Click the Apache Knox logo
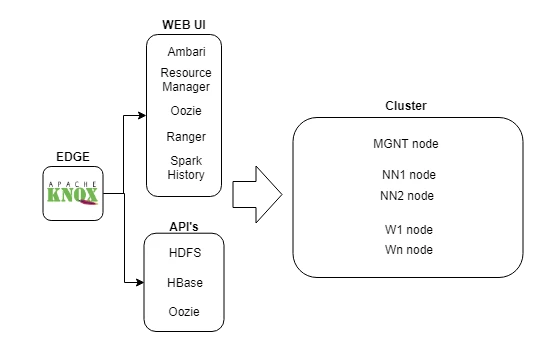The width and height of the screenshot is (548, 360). coord(73,193)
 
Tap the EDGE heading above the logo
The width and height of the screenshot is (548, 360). coord(73,157)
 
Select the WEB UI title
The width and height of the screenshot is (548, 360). coord(184,25)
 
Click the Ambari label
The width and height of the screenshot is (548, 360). coord(186,52)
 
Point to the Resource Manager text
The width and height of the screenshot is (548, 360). coord(186,80)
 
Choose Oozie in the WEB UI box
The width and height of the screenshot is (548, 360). coord(186,111)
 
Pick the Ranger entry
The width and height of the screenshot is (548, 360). coord(186,137)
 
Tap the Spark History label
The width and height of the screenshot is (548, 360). coord(186,168)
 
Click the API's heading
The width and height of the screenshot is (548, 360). coord(184,227)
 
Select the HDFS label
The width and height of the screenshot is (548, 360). coord(185,253)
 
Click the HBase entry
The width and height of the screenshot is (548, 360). coord(185,283)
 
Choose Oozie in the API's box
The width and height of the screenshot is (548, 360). coord(184,312)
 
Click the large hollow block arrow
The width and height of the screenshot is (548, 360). coord(257,194)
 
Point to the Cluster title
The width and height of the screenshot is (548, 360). coord(406,106)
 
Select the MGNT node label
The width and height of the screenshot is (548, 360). coord(406,144)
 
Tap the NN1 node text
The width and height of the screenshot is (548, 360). coord(409,175)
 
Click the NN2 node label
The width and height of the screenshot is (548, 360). coord(407,196)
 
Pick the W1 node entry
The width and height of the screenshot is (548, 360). coord(409,230)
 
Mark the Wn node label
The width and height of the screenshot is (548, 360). coord(409,250)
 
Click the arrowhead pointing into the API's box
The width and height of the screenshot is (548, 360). coord(140,282)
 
